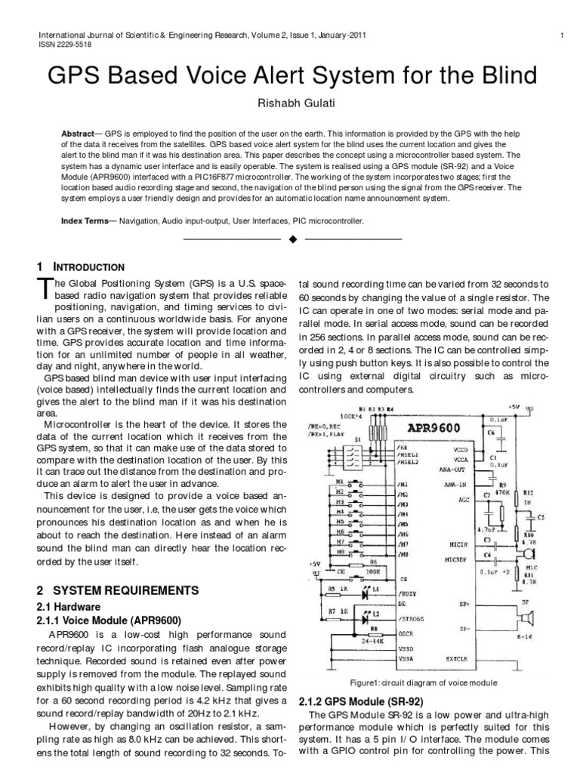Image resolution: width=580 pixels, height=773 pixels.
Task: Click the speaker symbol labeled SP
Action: pyautogui.click(x=526, y=620)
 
